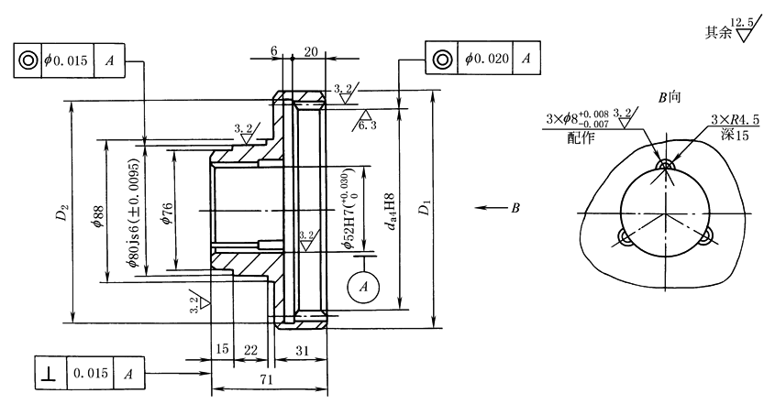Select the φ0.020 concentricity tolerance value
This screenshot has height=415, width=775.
point(486,59)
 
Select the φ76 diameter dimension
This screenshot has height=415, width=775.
point(167,213)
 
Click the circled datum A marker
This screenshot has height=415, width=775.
point(364,286)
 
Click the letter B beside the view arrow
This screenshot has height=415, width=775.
point(516,208)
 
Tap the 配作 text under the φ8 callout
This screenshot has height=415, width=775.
point(581,137)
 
